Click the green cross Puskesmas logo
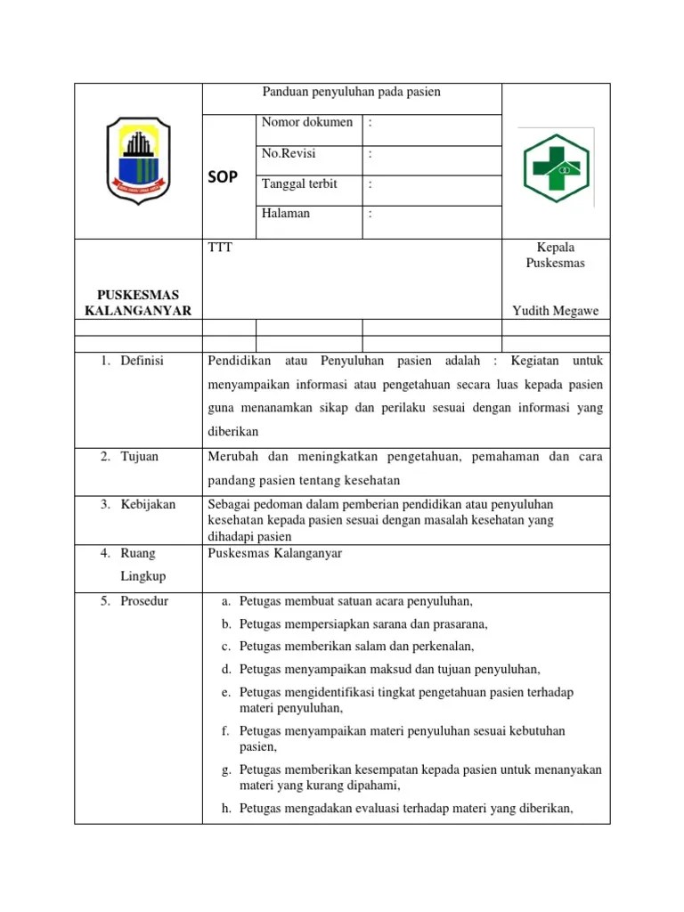556,162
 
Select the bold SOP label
223,176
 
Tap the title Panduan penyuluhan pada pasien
351,92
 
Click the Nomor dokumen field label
307,122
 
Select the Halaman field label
286,214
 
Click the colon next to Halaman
370,214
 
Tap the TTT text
219,248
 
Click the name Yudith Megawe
556,310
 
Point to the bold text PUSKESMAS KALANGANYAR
138,302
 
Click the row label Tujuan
141,457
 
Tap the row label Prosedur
146,601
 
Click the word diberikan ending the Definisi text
232,432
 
